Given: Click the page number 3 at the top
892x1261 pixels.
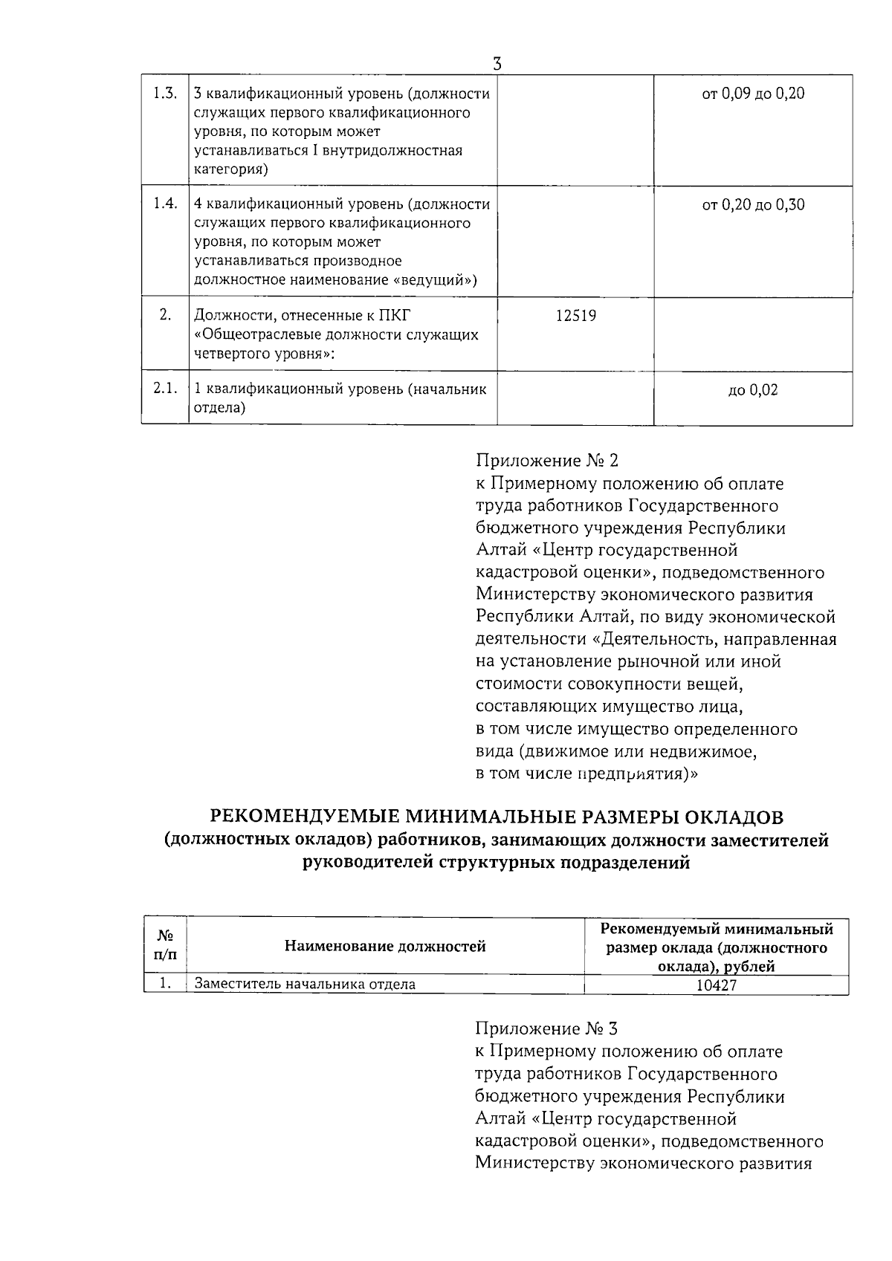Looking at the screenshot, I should (497, 65).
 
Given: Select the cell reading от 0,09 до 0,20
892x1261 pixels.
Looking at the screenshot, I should (753, 94).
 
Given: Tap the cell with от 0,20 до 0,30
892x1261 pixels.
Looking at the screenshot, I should (753, 205).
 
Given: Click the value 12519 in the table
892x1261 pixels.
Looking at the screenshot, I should (575, 316).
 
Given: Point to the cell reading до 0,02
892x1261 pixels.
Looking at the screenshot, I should (753, 390).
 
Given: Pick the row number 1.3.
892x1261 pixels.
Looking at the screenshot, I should (164, 94).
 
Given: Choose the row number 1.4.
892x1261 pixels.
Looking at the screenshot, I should (164, 204).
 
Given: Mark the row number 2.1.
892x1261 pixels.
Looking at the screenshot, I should (164, 389).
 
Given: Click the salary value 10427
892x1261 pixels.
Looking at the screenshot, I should (716, 985).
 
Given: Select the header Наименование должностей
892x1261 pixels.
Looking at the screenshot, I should (384, 947).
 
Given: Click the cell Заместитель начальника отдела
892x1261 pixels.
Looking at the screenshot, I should (305, 985).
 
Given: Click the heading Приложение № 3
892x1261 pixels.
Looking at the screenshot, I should (546, 1029).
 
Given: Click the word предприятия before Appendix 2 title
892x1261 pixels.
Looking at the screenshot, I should (637, 774).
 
